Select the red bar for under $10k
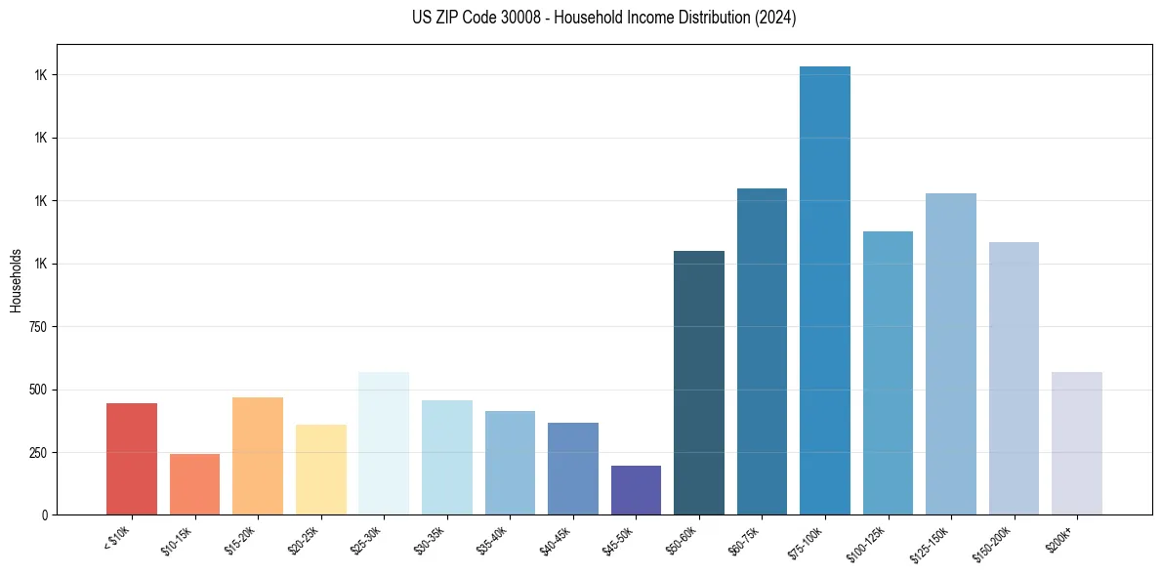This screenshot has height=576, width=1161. point(132,459)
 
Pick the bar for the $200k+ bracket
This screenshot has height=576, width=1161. point(1076,443)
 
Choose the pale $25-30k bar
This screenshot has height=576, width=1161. point(384,443)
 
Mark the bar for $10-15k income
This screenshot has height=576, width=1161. point(194,484)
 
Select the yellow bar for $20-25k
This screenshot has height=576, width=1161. point(320,470)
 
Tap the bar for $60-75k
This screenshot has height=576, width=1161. point(762,351)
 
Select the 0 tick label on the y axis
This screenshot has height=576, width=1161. point(45,515)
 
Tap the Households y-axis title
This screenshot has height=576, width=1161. point(16,279)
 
